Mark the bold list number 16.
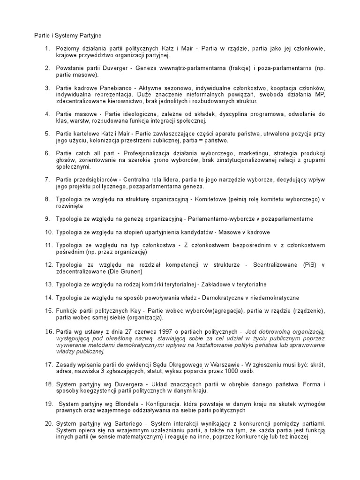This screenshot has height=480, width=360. pos(49,332)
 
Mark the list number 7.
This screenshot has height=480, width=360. pos(48,180)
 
